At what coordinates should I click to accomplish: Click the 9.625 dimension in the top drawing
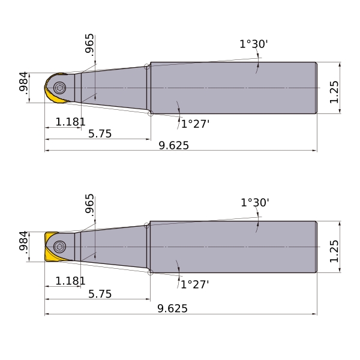(174, 145)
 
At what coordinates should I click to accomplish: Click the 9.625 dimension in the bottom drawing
(172, 308)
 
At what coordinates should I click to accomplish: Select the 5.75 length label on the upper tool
(100, 134)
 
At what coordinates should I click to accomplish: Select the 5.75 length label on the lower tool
(100, 294)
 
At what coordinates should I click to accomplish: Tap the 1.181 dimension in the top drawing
(70, 122)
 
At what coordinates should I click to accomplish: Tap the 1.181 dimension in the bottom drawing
(70, 281)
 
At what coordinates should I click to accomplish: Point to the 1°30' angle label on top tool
(254, 44)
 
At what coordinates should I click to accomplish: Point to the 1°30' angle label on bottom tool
(255, 203)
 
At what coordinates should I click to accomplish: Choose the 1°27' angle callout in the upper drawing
(196, 124)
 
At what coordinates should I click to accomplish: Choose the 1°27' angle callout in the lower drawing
(195, 284)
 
